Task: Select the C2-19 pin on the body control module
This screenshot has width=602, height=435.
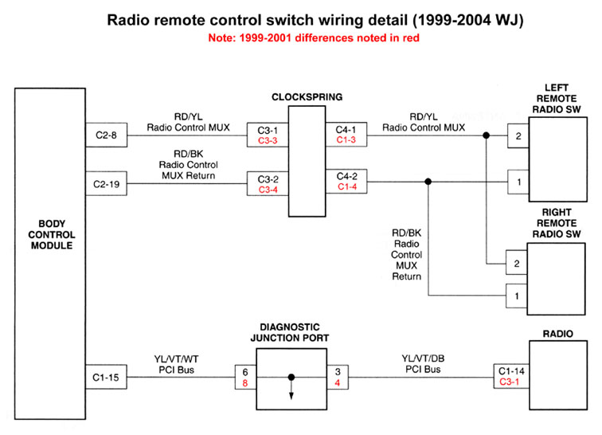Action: click(x=104, y=184)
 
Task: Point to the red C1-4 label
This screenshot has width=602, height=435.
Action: click(x=347, y=187)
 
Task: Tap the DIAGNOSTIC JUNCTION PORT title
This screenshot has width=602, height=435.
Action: click(x=290, y=331)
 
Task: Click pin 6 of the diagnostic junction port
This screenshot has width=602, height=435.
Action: click(x=245, y=370)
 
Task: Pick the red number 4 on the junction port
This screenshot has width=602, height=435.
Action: click(x=338, y=382)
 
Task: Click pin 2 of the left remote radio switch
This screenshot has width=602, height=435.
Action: click(x=518, y=136)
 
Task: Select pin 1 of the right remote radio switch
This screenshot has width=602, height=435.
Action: click(x=518, y=296)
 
